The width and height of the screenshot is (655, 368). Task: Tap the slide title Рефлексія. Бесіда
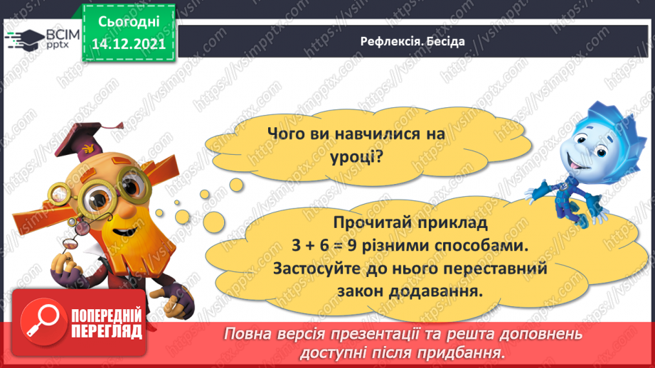412,41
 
